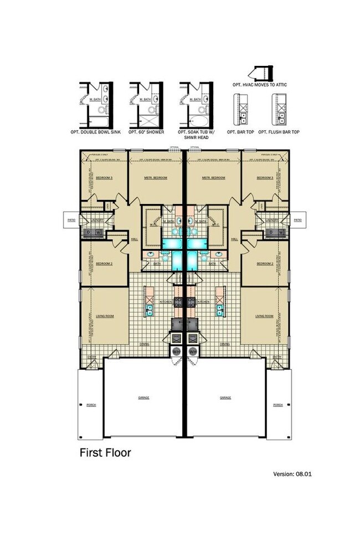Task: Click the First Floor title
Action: tap(106, 452)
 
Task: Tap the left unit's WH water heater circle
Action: tap(177, 351)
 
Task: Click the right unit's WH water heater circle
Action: tap(193, 351)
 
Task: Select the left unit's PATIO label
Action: tap(71, 220)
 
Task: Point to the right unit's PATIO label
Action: tap(297, 220)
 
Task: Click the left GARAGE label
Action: tap(144, 397)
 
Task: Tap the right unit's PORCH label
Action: tap(278, 405)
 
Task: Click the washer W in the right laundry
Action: tap(282, 232)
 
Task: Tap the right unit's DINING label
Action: tap(224, 344)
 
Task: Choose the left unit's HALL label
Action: tap(134, 239)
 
